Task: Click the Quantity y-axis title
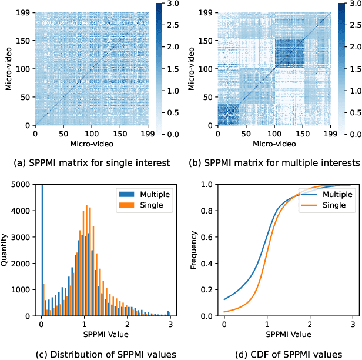pos(5,250)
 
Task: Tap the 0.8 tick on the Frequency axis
pos(212,210)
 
